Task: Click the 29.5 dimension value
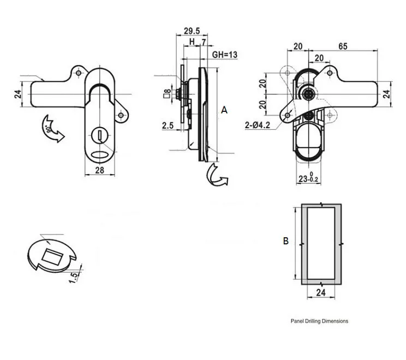(x=192, y=31)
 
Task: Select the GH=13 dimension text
(x=224, y=55)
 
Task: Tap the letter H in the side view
(x=192, y=41)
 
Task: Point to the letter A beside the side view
(x=224, y=110)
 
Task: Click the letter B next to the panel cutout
(x=285, y=241)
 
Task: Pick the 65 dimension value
(x=343, y=46)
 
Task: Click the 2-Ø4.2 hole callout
(x=258, y=125)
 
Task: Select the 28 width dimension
(x=100, y=170)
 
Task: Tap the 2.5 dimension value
(x=168, y=125)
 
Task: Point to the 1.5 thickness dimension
(x=74, y=277)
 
